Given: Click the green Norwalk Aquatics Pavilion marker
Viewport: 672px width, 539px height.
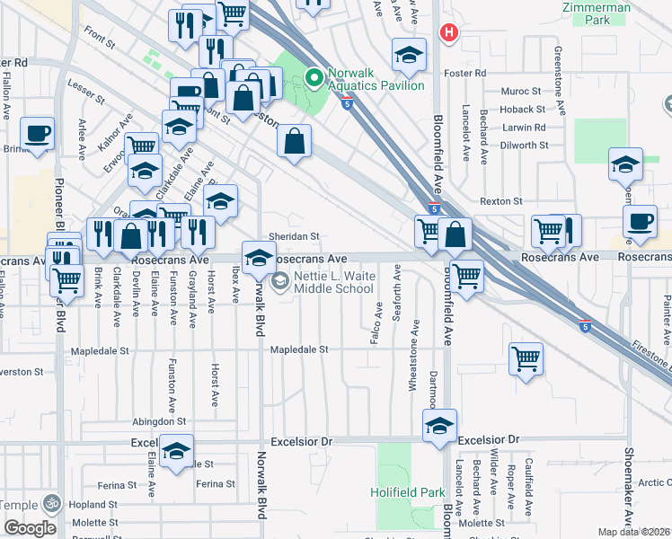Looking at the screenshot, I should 314,78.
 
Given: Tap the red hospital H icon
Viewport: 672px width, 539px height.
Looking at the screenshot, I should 447,33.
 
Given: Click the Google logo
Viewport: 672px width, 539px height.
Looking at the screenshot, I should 31,528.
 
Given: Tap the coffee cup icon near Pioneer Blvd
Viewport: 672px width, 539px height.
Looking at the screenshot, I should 38,134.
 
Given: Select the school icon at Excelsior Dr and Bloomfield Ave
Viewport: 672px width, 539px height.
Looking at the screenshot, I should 439,427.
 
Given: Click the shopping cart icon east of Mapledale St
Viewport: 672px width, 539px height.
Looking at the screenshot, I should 526,358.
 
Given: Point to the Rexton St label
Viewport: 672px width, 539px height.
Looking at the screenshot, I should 501,201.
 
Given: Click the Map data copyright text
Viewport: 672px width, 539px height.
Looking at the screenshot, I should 634,532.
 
